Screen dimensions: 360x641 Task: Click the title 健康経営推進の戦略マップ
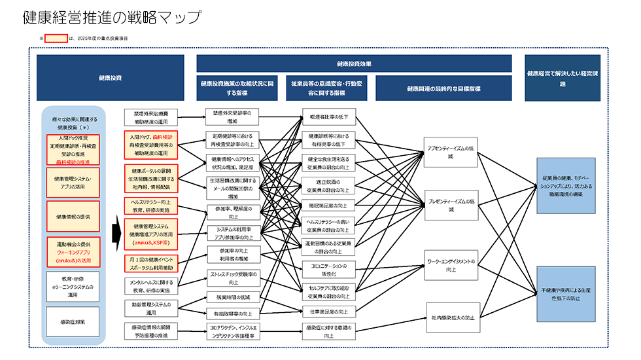111,18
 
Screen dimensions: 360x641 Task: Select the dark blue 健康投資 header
110,78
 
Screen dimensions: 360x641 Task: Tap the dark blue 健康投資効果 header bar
354,63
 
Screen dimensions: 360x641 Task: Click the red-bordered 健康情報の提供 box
73,217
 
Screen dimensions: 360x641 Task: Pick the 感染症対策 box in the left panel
73,322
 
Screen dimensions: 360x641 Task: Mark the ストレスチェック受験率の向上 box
232,278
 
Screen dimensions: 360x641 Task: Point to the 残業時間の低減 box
232,297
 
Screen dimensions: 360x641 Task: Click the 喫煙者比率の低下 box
329,117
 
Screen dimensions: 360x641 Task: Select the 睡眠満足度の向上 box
329,205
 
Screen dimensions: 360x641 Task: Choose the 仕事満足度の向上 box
329,311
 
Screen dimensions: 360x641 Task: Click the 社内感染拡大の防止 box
451,317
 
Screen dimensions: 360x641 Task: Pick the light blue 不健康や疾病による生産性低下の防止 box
566,294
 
